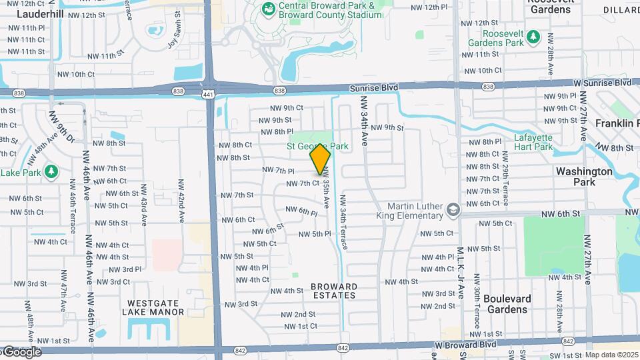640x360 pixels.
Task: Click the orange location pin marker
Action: tap(321, 159)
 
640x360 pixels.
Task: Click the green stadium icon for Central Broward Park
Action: tap(269, 9)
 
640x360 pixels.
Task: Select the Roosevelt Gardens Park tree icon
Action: tap(533, 35)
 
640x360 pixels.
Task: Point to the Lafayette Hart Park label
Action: tap(533, 142)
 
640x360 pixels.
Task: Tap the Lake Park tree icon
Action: tap(51, 172)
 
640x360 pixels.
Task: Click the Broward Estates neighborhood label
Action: tap(334, 291)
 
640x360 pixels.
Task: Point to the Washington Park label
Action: tap(584, 176)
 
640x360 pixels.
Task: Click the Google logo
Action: tap(21, 352)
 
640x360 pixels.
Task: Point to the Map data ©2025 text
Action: tap(602, 355)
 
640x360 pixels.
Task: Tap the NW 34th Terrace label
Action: tap(343, 223)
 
